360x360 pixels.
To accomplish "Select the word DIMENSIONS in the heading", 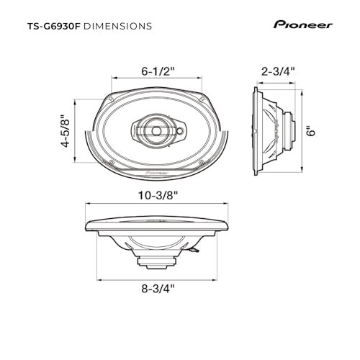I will (118, 26).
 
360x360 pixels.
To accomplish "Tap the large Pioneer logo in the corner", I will (302, 24).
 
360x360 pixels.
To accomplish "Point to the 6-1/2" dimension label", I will (158, 71).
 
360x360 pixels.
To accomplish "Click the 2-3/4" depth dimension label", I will (276, 71).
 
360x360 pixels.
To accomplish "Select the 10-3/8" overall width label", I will (158, 194).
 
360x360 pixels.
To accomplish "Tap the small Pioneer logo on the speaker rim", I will (158, 174).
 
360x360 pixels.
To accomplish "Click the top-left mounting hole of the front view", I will (114, 99).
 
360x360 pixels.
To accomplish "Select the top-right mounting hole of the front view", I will (202, 99).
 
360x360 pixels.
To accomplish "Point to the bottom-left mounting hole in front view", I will (114, 165).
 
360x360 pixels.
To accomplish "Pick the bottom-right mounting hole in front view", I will (202, 165).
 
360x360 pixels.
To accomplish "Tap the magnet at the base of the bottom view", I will (158, 258).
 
